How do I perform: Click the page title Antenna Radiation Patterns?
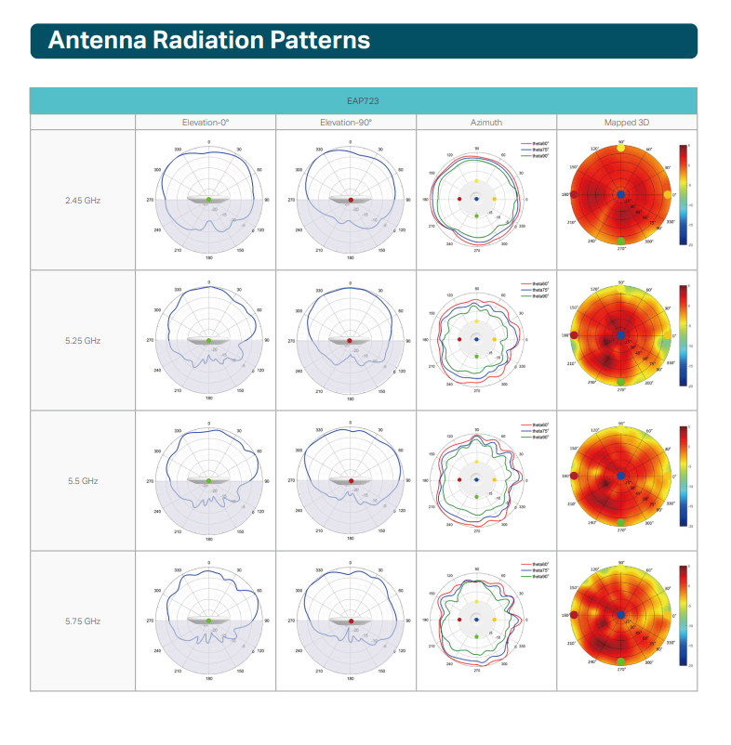[x=208, y=41]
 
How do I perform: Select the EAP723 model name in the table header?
[x=364, y=100]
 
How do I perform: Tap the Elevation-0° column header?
[x=206, y=122]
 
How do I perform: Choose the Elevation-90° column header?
[x=346, y=122]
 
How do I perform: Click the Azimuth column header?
[x=486, y=122]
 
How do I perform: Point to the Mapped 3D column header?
[x=627, y=122]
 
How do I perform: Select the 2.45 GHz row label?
[x=83, y=200]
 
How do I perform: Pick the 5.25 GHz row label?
[x=83, y=341]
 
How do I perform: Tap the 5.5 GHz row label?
[x=83, y=481]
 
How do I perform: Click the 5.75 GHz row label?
[x=83, y=621]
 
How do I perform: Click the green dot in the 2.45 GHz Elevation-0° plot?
[x=208, y=200]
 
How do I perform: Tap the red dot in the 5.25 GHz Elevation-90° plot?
[x=350, y=341]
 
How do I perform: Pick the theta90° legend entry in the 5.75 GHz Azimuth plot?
[x=539, y=576]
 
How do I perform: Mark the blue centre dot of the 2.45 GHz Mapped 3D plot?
[x=621, y=193]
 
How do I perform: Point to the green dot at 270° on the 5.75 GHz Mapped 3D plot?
[x=621, y=661]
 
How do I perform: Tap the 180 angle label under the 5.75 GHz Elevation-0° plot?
[x=208, y=679]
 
